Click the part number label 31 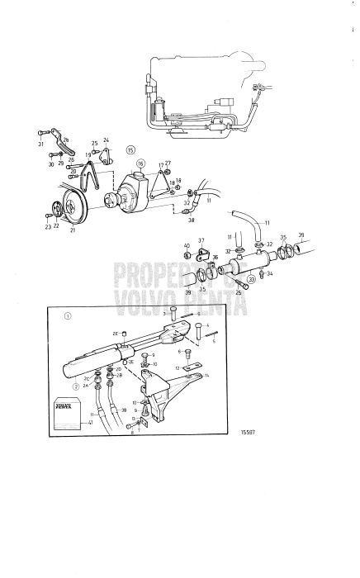(40, 144)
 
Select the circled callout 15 (130, 149)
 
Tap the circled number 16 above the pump (140, 164)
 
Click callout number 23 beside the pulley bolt (47, 226)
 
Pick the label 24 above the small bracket (106, 140)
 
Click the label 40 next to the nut (187, 246)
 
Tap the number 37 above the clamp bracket (201, 241)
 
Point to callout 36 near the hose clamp (216, 257)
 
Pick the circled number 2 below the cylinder (76, 386)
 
